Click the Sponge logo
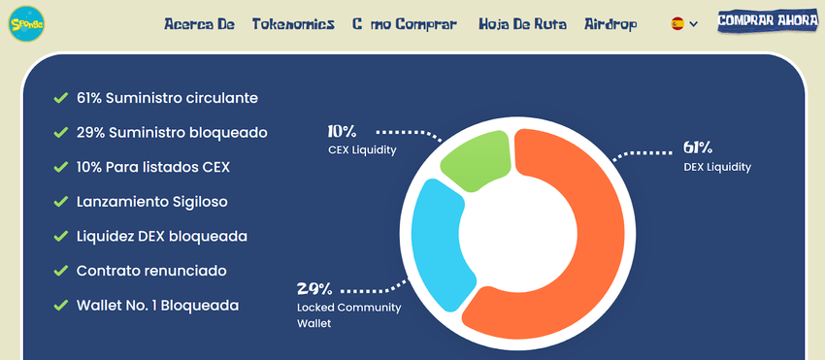pos(26,23)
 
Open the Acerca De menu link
pos(199,24)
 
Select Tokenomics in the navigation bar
pos(293,24)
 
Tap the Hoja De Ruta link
pos(522,24)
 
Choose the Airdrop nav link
pos(610,24)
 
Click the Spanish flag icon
pos(677,23)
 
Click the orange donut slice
pos(558,232)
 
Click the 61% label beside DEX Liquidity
pos(698,147)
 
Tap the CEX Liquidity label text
pos(362,150)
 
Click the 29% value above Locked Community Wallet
pos(314,289)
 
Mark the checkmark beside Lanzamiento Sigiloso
pos(61,202)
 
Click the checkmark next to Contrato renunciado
pos(61,271)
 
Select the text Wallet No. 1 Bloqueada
pos(158,306)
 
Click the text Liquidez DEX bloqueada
pos(162,237)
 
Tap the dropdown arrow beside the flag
pos(693,23)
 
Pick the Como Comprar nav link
pos(405,24)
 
